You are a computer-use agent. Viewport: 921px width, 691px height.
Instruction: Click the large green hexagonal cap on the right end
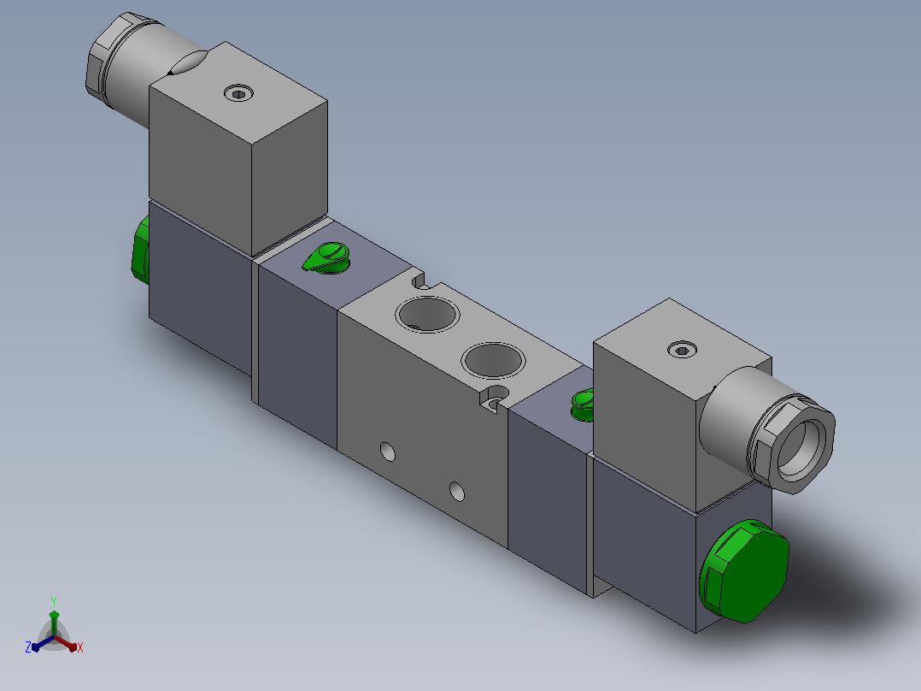(744, 570)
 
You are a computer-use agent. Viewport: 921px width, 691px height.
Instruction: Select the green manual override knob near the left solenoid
(327, 258)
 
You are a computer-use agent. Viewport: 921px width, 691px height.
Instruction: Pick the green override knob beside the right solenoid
(584, 405)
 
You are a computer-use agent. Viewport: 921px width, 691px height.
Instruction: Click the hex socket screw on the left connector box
(239, 93)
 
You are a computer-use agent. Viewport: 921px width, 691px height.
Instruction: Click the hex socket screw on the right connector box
(683, 350)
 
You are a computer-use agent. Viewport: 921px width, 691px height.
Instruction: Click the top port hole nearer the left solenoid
(427, 314)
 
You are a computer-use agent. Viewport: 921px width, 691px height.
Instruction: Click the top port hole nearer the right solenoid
(494, 360)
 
